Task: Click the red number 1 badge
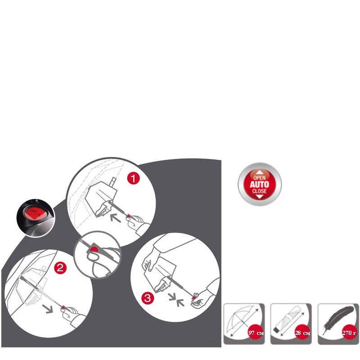(x=133, y=178)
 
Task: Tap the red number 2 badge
(x=60, y=268)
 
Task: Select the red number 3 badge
(x=148, y=298)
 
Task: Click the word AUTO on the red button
(x=260, y=184)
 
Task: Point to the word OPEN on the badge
(x=260, y=177)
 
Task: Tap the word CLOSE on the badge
(x=260, y=191)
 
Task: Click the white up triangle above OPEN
(x=260, y=172)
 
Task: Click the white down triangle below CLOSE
(x=260, y=197)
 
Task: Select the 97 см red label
(x=256, y=333)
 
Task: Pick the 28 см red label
(x=302, y=333)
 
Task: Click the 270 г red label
(x=349, y=333)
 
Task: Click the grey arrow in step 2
(x=48, y=309)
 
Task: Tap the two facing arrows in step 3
(x=176, y=300)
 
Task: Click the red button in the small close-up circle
(x=94, y=249)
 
